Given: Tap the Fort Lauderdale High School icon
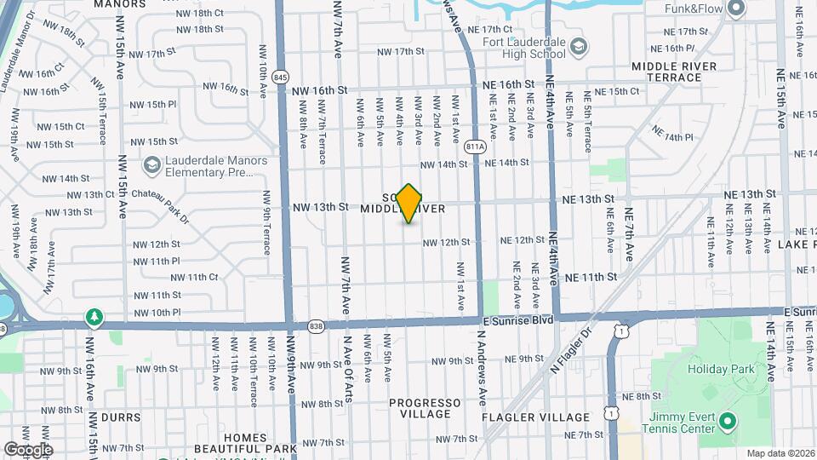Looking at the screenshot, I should [x=579, y=45].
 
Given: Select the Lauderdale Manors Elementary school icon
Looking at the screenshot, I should [x=151, y=164].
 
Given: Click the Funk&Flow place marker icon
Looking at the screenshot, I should [x=737, y=9].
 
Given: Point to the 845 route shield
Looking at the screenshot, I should [x=282, y=78].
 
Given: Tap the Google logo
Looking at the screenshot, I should [x=28, y=449].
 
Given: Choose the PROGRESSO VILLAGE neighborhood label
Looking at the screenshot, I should [x=426, y=408].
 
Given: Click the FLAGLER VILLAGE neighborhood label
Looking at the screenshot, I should [x=535, y=417].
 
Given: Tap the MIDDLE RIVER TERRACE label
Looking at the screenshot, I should [x=674, y=72].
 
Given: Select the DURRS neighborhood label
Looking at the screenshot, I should [x=120, y=418].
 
